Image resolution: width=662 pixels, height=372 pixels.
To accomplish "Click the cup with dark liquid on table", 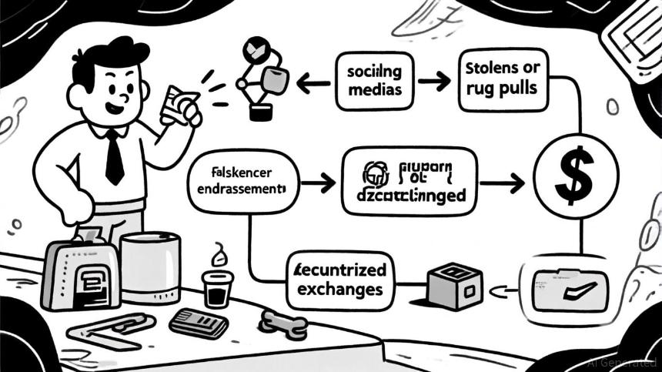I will pos(217,288).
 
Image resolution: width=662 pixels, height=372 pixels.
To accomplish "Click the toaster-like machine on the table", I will pos(80,273).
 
